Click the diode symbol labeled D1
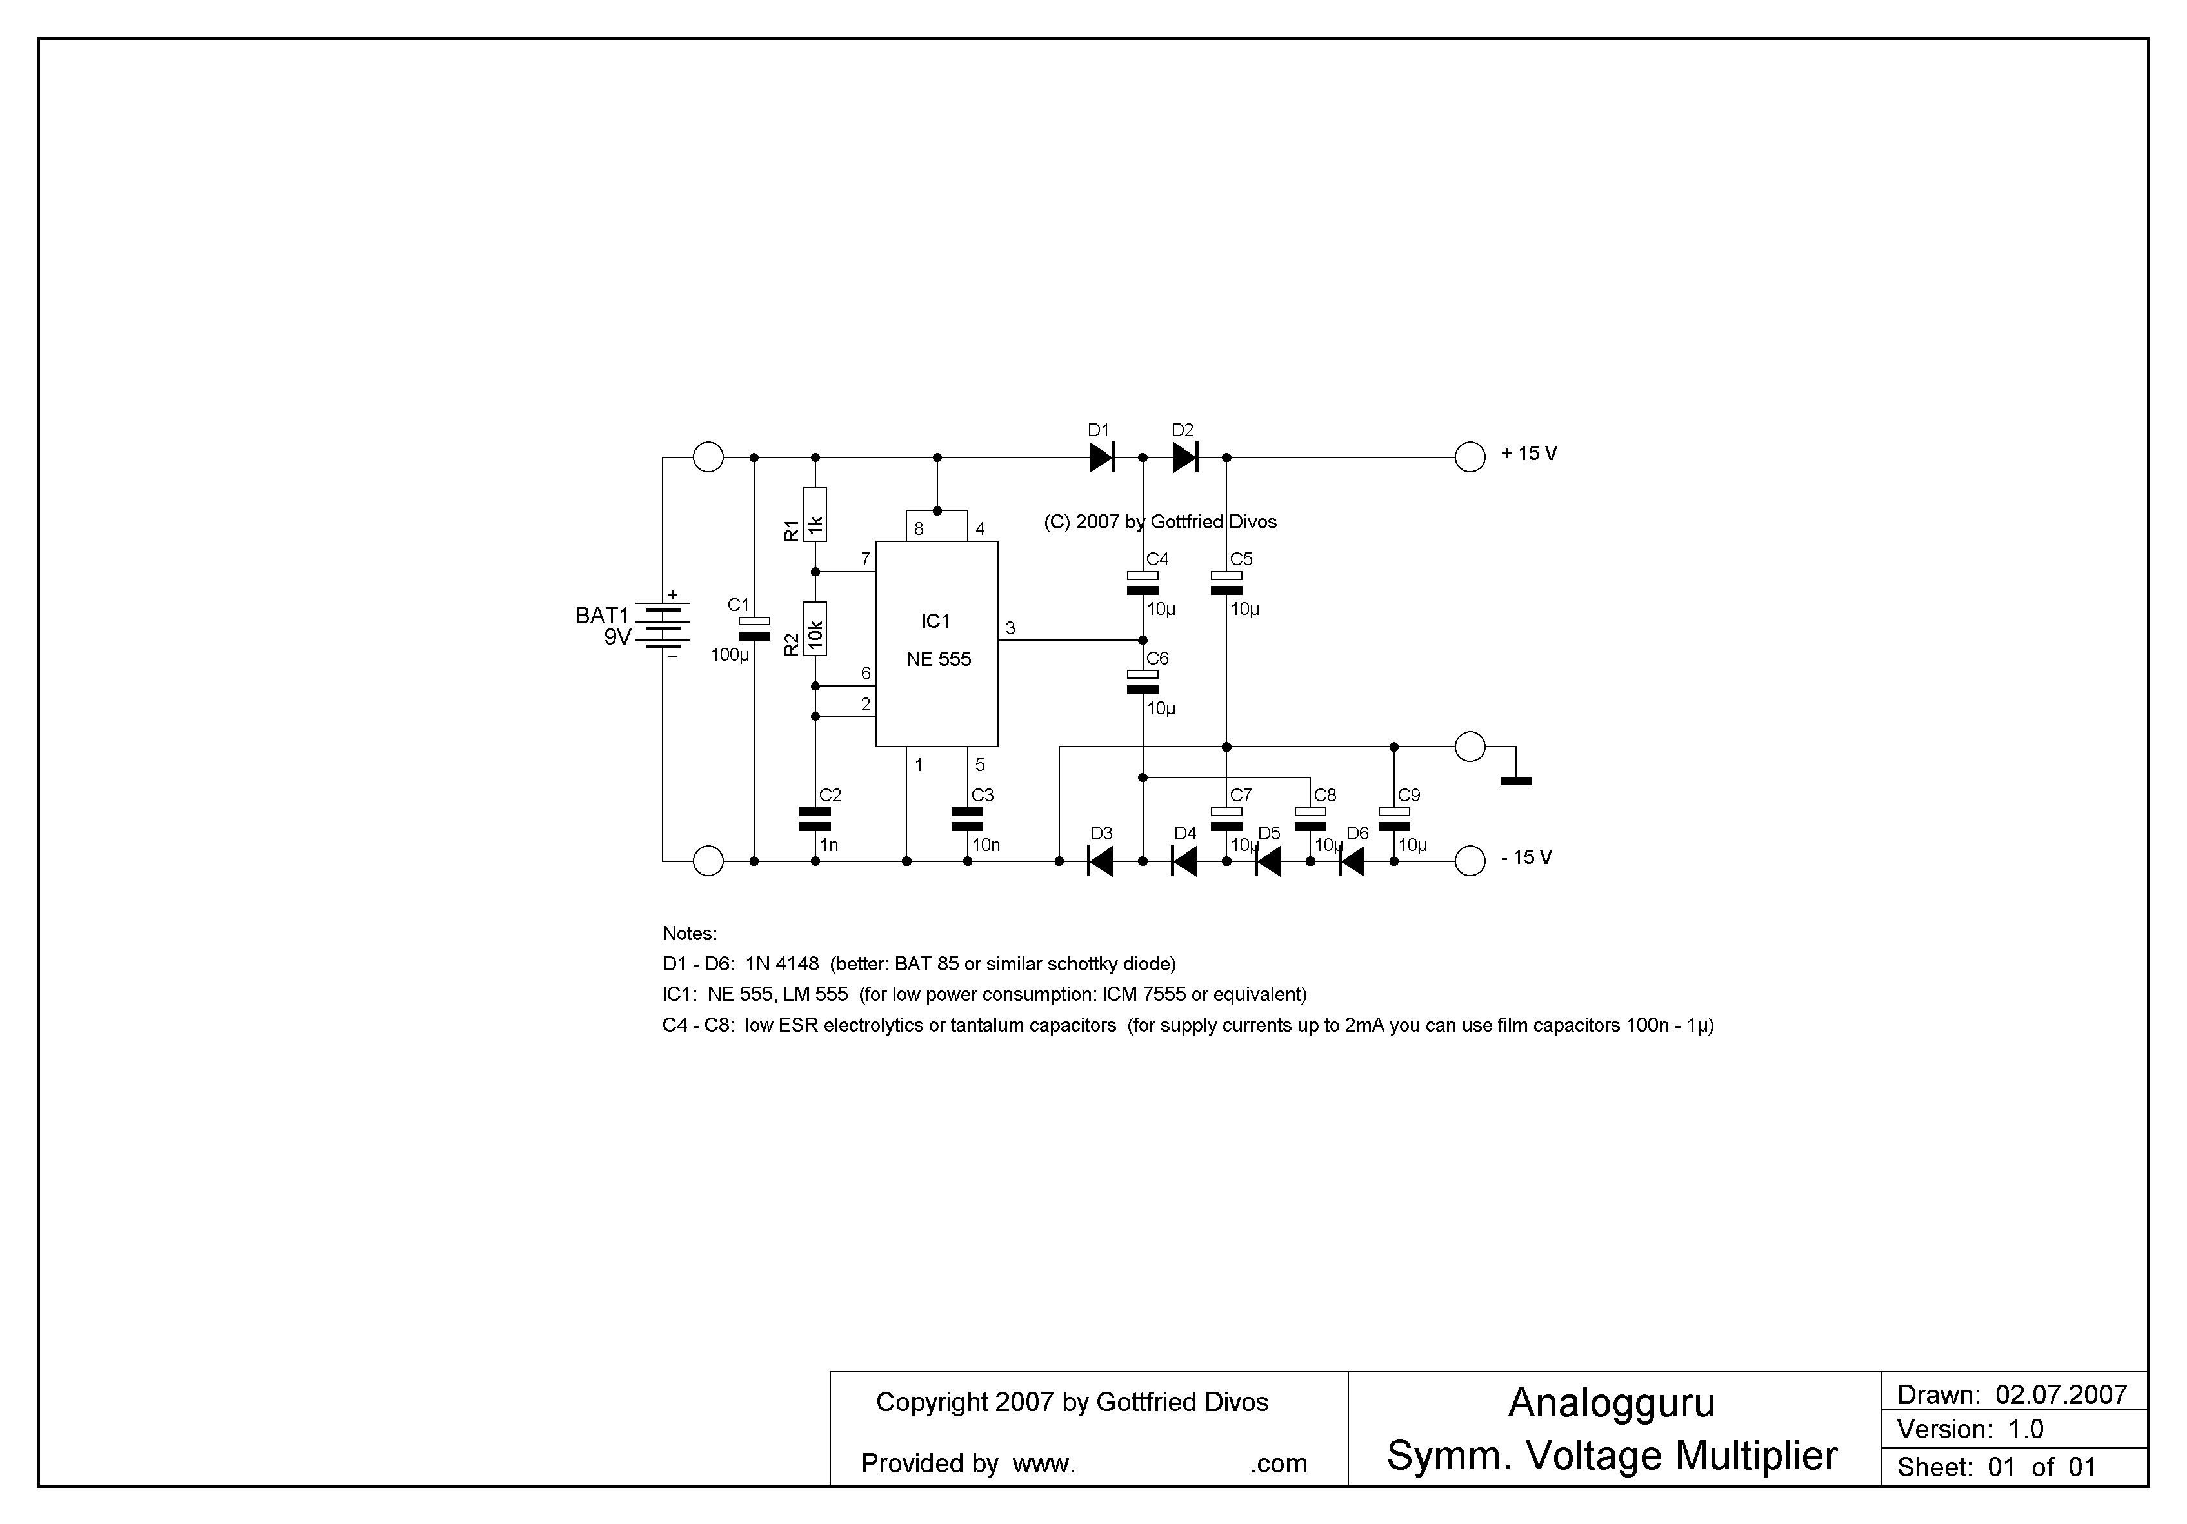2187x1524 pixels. (x=1101, y=457)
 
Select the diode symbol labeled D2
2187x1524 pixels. (x=1185, y=457)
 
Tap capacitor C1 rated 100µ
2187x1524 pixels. (x=754, y=628)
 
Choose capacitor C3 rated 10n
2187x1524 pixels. (x=967, y=819)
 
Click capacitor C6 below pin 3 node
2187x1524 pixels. (x=1142, y=682)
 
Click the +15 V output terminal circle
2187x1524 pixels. (x=1470, y=457)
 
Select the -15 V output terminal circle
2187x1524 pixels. (x=1470, y=861)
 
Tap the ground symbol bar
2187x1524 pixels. (x=1515, y=781)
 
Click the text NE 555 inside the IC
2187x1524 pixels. (x=938, y=659)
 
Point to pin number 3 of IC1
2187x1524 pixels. (x=1011, y=628)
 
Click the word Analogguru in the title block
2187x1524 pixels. (x=1612, y=1403)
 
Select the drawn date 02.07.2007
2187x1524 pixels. (x=2061, y=1396)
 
